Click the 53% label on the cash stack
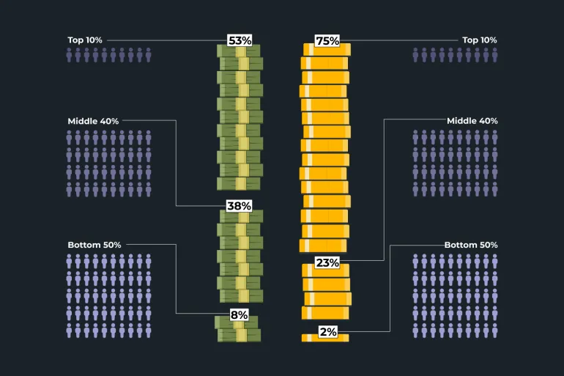pos(239,40)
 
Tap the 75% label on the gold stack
pos(327,41)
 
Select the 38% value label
pos(239,206)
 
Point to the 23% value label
pos(327,262)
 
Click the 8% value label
pos(239,314)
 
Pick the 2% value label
pos(327,332)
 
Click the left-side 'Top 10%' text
pos(86,40)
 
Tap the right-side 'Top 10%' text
pos(480,40)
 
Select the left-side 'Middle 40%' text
pos(93,120)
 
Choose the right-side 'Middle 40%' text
pos(472,120)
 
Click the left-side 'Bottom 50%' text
pos(94,245)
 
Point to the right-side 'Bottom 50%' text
pos(471,245)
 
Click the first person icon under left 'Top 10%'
pos(70,55)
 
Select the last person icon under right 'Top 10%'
pos(494,55)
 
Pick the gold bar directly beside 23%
pos(327,270)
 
